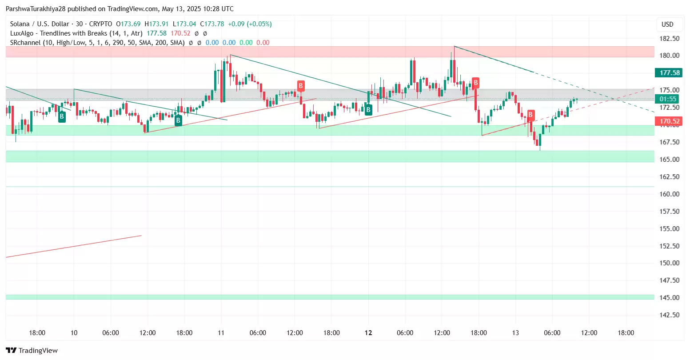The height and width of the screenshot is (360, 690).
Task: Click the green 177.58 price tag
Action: tap(670, 73)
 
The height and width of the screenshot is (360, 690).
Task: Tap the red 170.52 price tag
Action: tap(670, 121)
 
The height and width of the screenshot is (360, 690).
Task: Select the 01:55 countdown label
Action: tap(668, 99)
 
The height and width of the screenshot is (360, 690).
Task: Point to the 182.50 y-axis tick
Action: tap(670, 39)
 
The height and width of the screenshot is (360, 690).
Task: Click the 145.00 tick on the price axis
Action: tap(670, 298)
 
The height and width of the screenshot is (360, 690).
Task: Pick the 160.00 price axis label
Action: tap(670, 194)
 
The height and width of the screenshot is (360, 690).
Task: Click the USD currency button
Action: tap(667, 24)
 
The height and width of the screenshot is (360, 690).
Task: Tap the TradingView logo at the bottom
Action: tap(32, 351)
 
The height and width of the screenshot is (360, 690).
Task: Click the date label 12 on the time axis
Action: tap(368, 333)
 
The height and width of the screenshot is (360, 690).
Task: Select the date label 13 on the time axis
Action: tap(515, 333)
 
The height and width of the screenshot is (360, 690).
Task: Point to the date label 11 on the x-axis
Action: tap(221, 333)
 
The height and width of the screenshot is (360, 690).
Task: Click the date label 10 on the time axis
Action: tap(74, 333)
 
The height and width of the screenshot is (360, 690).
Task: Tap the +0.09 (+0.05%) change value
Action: tap(250, 24)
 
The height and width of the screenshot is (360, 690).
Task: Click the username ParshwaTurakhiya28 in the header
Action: tap(36, 9)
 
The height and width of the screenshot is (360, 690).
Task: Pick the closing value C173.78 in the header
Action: tap(212, 24)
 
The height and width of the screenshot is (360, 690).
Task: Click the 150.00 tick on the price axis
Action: tap(670, 263)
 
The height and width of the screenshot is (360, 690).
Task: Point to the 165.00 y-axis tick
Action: tap(670, 160)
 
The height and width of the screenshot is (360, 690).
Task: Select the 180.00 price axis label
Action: tap(670, 56)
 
